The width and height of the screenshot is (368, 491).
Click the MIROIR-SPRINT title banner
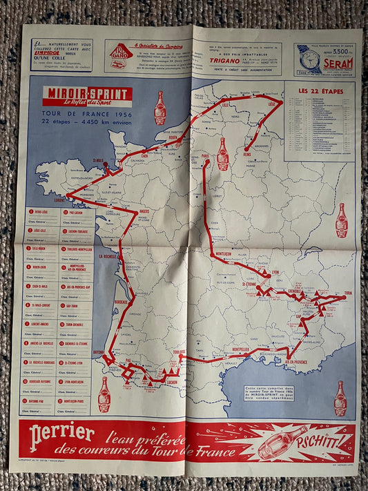[87, 96]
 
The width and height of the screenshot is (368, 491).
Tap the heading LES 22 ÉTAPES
[318, 90]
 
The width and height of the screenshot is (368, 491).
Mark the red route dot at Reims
[246, 147]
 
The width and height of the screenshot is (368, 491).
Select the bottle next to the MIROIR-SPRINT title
[160, 108]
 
